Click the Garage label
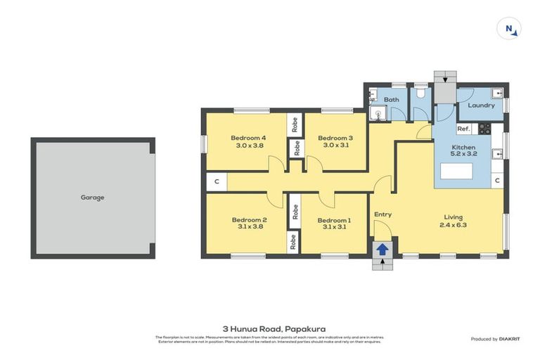pyautogui.click(x=92, y=198)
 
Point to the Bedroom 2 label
pyautogui.click(x=249, y=219)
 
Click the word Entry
pyautogui.click(x=382, y=214)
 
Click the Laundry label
pyautogui.click(x=481, y=105)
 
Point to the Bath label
pyautogui.click(x=391, y=100)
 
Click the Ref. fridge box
pyautogui.click(x=463, y=129)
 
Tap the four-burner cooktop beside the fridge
pyautogui.click(x=484, y=129)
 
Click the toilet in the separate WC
pyautogui.click(x=421, y=92)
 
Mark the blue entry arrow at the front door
pyautogui.click(x=382, y=249)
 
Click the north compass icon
pyautogui.click(x=509, y=29)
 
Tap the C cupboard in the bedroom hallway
pyautogui.click(x=217, y=182)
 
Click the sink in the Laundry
pyautogui.click(x=499, y=92)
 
